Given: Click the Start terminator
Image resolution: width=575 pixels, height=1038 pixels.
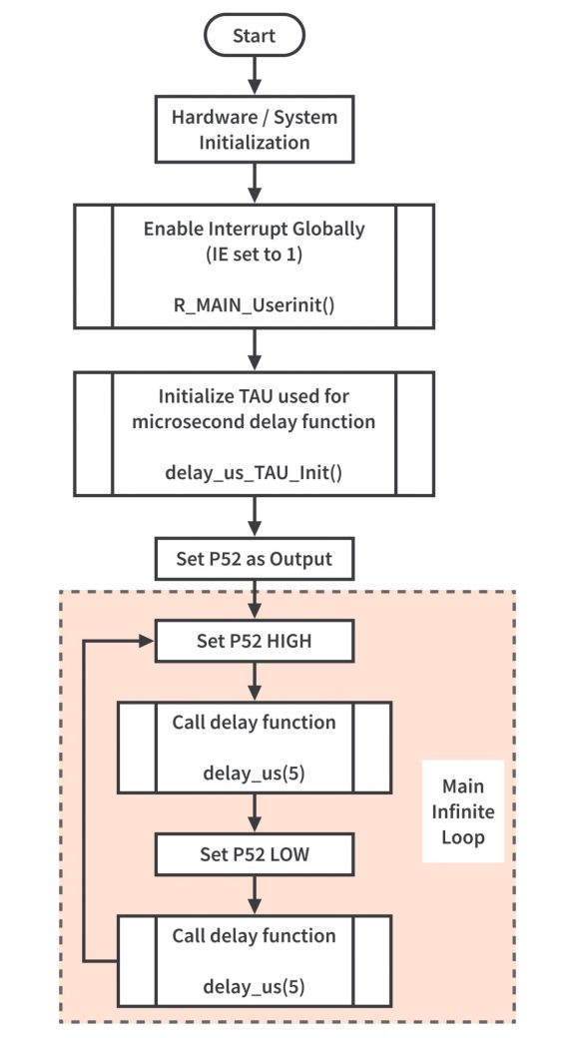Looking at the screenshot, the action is tap(255, 35).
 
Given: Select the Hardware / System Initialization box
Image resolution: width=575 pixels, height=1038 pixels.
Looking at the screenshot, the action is tap(255, 129).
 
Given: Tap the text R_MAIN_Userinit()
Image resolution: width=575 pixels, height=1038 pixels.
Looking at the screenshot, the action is tap(255, 306).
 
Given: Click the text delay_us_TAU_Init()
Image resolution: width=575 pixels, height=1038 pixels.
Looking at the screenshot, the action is tap(255, 474).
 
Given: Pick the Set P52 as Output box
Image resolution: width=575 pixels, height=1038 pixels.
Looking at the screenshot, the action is tap(255, 559).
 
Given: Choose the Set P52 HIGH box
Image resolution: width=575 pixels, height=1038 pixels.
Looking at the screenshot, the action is tap(255, 641).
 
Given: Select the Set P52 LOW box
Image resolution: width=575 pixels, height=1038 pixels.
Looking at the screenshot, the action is tap(255, 854).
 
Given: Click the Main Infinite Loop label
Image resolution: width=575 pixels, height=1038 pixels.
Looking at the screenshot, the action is tap(463, 811).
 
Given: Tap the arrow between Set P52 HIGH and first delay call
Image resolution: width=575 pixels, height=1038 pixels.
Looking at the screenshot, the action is tap(255, 681).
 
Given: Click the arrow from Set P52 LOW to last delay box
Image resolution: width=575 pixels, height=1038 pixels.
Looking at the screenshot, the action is tap(255, 894).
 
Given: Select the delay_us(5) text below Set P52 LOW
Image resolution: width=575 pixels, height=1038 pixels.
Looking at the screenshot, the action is tap(255, 987).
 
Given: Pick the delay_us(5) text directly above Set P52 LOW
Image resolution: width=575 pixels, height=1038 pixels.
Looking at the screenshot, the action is tap(255, 774).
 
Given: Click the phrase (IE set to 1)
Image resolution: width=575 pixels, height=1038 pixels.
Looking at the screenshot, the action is tap(255, 255).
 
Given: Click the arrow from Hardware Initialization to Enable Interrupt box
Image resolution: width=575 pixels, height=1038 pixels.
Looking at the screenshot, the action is tap(255, 184).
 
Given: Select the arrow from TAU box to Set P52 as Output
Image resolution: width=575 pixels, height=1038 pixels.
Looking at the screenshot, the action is tap(255, 517).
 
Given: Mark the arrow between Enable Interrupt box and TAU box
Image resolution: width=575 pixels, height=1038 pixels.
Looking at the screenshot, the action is tap(255, 350).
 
